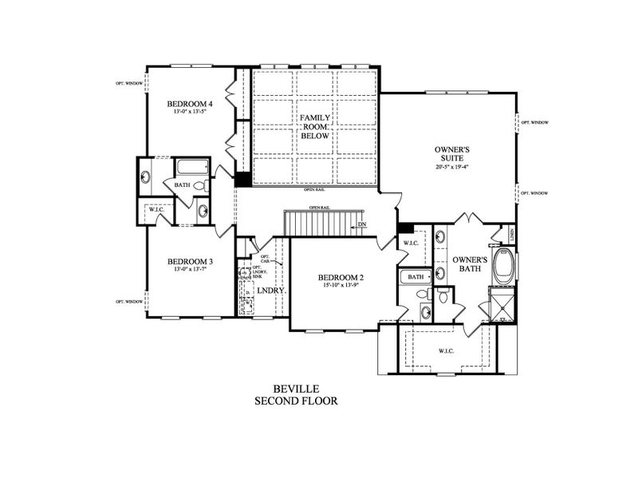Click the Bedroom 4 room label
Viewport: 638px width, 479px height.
click(x=190, y=104)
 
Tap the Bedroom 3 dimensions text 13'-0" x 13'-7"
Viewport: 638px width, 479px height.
click(x=190, y=270)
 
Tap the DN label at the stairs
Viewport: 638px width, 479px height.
click(x=362, y=224)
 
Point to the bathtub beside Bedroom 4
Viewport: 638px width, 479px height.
click(x=192, y=168)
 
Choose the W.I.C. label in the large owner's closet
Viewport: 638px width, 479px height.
click(x=446, y=350)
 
